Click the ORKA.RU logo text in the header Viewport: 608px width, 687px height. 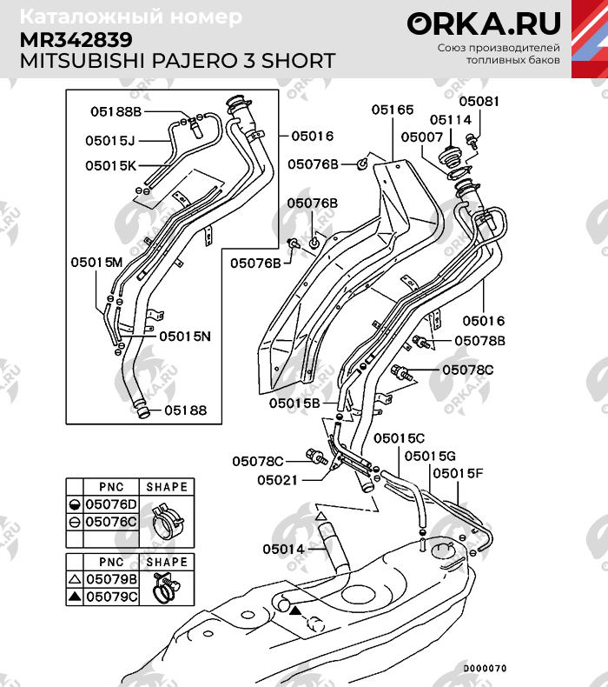(x=484, y=23)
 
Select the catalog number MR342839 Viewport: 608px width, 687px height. (x=76, y=40)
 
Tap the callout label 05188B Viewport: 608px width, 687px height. (x=116, y=111)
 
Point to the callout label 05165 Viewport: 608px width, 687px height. (x=393, y=110)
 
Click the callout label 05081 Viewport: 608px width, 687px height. (x=479, y=101)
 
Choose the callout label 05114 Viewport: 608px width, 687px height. (x=451, y=120)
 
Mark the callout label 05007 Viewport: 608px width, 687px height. (x=422, y=137)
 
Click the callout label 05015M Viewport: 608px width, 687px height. (x=96, y=263)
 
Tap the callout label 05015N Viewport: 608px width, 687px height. (x=185, y=337)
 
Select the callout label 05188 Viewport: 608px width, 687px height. (x=186, y=410)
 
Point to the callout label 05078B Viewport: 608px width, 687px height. (x=479, y=341)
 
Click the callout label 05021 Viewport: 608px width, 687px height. (x=278, y=480)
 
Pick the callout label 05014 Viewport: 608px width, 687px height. (x=283, y=549)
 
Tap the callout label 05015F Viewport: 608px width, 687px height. (x=458, y=474)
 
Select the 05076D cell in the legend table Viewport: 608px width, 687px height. (x=111, y=504)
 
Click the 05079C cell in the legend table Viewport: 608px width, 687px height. (x=112, y=597)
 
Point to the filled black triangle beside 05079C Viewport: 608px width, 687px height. (x=76, y=597)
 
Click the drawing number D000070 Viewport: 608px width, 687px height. (x=485, y=668)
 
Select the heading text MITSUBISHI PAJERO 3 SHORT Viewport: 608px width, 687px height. (x=177, y=61)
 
